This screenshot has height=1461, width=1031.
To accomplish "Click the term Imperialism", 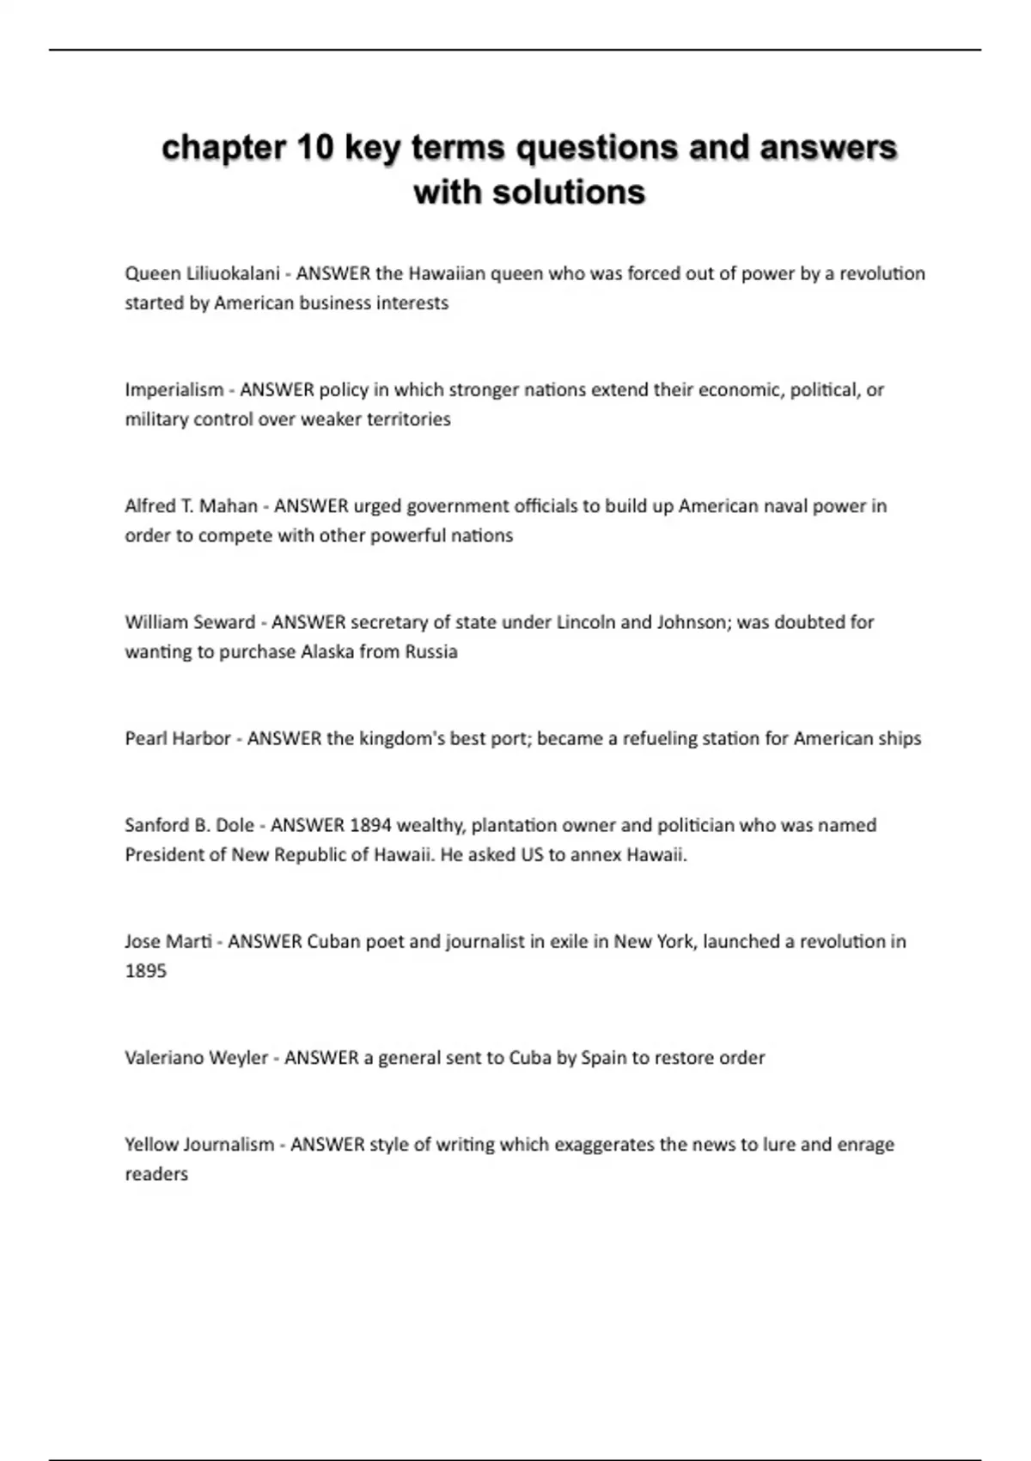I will pyautogui.click(x=174, y=389).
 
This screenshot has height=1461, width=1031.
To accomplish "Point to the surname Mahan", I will pyautogui.click(x=229, y=505).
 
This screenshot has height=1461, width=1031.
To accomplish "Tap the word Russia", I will pyautogui.click(x=431, y=651).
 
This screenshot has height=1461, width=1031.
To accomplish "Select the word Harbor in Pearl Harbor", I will pyautogui.click(x=202, y=738).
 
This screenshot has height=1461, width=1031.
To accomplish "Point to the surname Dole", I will pyautogui.click(x=235, y=825).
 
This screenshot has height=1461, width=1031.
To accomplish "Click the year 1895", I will pyautogui.click(x=145, y=971).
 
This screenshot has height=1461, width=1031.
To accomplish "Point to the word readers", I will pyautogui.click(x=156, y=1174).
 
